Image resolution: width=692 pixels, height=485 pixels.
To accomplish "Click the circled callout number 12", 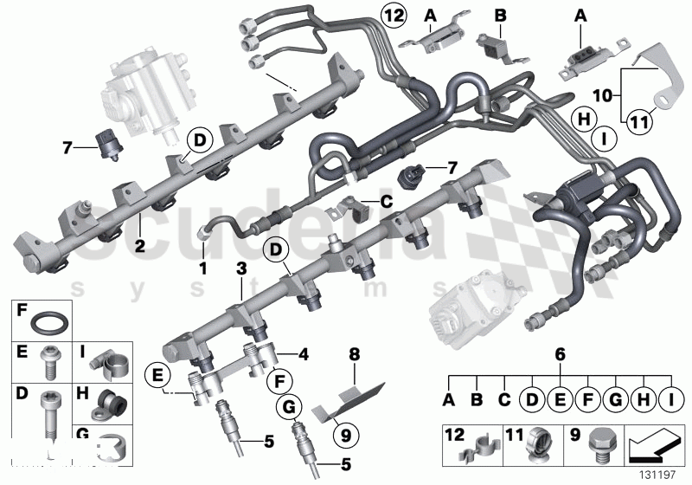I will click(393, 15).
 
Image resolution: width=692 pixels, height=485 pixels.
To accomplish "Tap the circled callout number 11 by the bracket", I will click(638, 124).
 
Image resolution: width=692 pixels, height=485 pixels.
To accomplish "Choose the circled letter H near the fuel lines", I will click(585, 120).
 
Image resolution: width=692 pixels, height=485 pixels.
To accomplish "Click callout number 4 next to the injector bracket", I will click(304, 353).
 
